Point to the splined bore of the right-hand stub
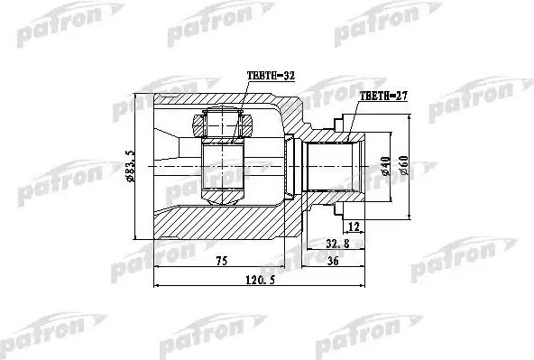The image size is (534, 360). click(x=336, y=168)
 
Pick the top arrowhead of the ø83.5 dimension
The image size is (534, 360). click(x=138, y=98)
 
